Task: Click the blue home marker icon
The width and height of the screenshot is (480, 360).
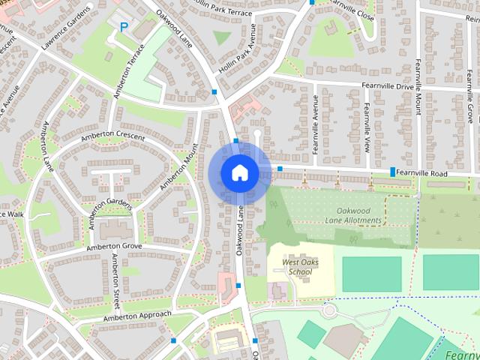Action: click(239, 173)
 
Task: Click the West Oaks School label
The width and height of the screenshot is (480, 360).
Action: click(291, 267)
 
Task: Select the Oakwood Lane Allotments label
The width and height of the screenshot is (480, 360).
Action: click(354, 215)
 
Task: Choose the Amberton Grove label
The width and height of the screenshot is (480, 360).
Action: click(114, 246)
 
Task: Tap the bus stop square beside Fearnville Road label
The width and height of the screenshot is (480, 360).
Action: click(393, 172)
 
